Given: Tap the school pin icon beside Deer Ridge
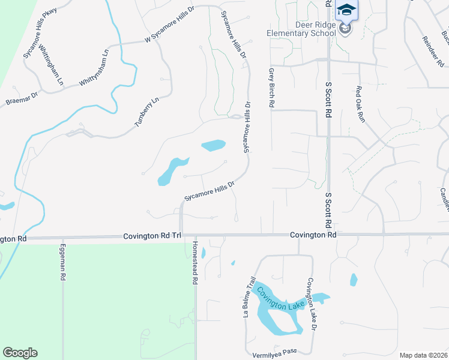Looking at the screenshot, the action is (x=345, y=28).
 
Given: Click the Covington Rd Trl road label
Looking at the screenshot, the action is (x=152, y=236).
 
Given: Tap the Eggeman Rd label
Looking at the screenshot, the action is (x=62, y=262).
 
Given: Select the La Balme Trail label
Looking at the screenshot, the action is (x=249, y=296).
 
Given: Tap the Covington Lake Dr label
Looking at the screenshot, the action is (x=311, y=304).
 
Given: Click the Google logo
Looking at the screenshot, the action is (x=20, y=353).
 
